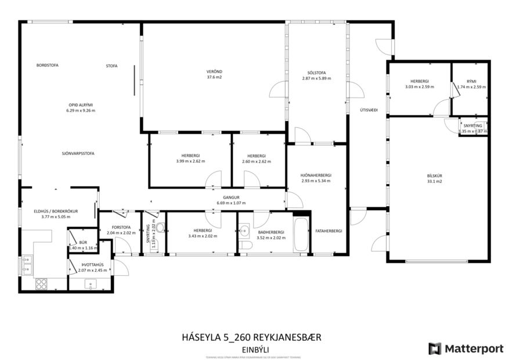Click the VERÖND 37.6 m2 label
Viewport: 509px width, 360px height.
click(x=214, y=74)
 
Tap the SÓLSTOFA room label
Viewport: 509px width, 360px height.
click(x=316, y=75)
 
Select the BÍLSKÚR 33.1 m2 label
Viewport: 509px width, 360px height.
click(x=434, y=178)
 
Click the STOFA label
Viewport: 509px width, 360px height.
click(x=111, y=66)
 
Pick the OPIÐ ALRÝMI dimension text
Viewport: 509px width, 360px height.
click(x=81, y=110)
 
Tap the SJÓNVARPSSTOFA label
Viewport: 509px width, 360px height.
click(x=78, y=153)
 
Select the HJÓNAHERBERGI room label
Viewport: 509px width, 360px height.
click(x=316, y=178)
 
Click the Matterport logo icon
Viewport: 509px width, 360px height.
click(x=435, y=348)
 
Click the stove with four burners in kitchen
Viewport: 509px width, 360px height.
click(x=42, y=283)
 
